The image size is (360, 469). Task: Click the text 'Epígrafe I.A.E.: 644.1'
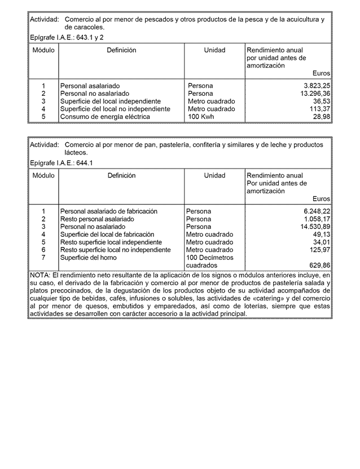(62, 163)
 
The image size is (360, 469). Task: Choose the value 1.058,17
(315, 219)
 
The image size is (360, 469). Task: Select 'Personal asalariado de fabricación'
(109, 211)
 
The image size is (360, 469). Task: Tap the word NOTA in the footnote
(39, 275)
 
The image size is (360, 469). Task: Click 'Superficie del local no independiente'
(115, 109)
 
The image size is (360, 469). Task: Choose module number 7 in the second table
(43, 257)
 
